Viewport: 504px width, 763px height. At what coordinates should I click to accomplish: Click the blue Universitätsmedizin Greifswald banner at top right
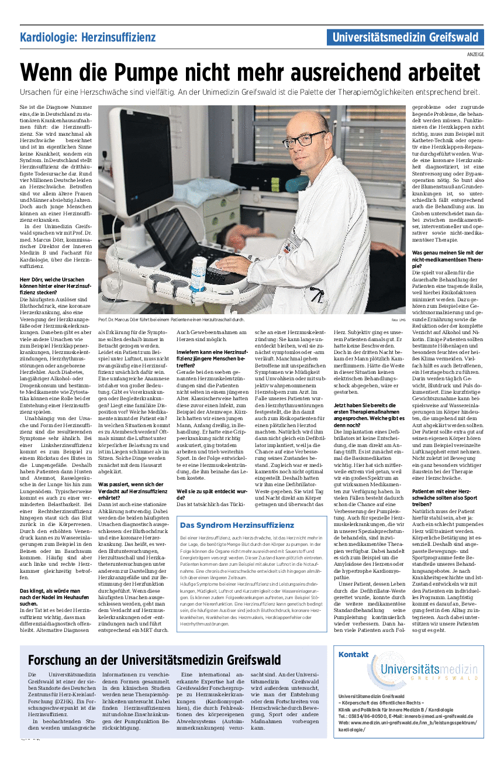(405, 38)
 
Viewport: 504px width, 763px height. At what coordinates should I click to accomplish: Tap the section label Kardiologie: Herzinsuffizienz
(88, 38)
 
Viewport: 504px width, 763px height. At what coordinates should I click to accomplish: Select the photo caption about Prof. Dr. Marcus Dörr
(171, 319)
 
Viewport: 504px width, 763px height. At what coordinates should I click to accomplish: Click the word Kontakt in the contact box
(353, 654)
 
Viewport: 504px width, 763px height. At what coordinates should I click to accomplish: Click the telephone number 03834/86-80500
(368, 716)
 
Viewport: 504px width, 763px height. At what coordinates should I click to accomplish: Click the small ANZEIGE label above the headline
(475, 54)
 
